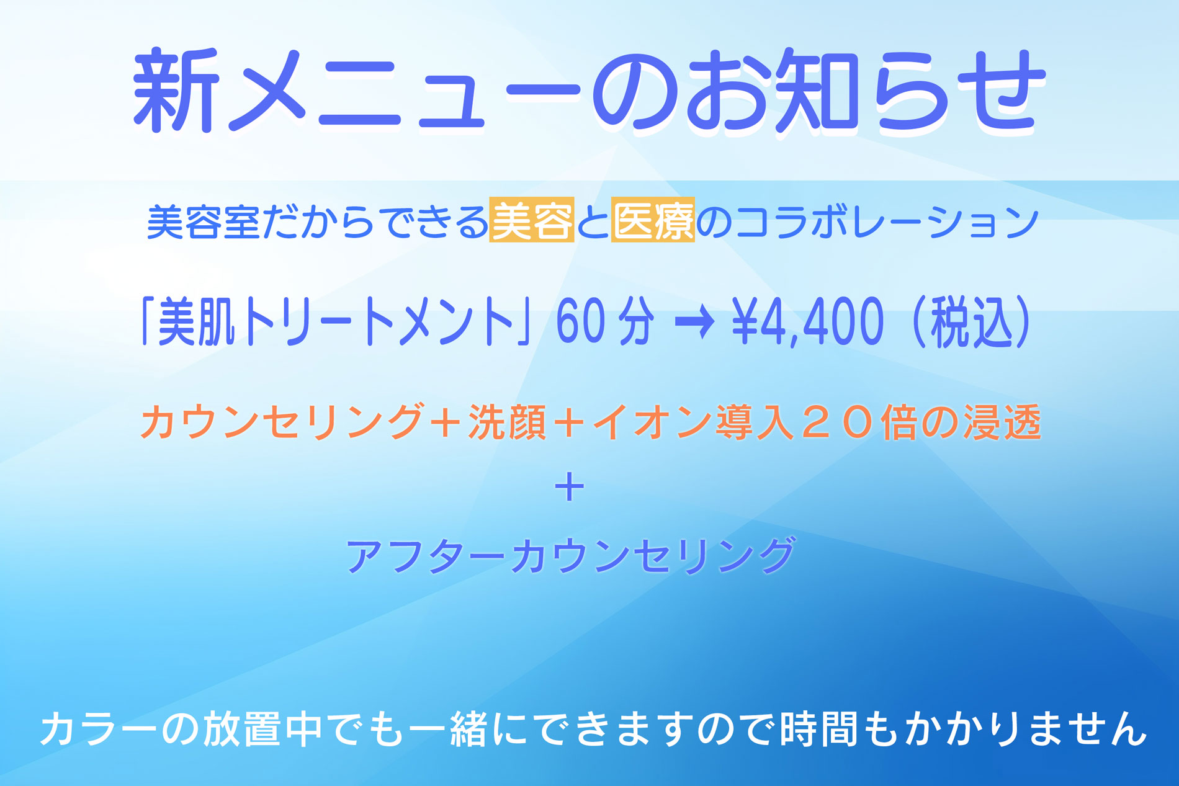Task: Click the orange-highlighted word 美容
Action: pyautogui.click(x=532, y=219)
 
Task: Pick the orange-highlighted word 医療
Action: pyautogui.click(x=653, y=219)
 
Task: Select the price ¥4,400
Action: pyautogui.click(x=807, y=321)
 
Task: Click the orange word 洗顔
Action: pyautogui.click(x=507, y=422)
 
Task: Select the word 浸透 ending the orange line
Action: pyautogui.click(x=1002, y=422)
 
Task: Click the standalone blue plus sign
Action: pyautogui.click(x=570, y=488)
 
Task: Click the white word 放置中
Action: pyautogui.click(x=262, y=728)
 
